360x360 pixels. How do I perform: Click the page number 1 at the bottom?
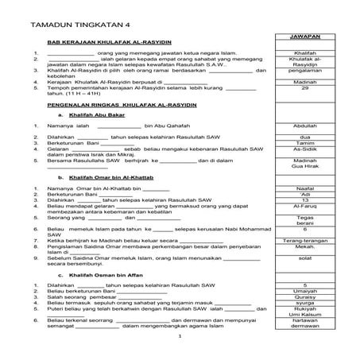pyautogui.click(x=180, y=338)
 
